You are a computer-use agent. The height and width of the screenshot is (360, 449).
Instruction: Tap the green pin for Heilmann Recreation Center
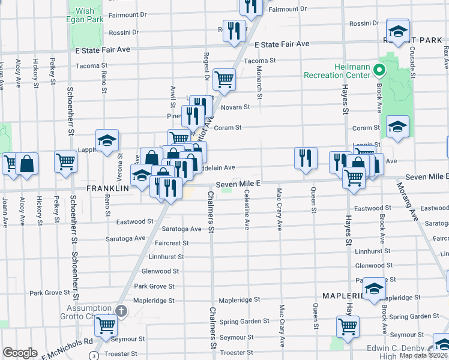[379, 71]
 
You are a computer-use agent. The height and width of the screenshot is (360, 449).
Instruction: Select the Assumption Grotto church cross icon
[121, 310]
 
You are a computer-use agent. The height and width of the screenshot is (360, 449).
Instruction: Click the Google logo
[20, 353]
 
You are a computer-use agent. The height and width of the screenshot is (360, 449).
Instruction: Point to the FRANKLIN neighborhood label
[108, 188]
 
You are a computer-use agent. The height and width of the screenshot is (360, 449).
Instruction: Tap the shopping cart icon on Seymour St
[106, 326]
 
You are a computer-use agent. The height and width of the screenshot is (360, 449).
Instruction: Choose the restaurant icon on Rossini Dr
[235, 31]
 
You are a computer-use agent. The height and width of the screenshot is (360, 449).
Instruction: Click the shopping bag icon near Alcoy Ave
[27, 163]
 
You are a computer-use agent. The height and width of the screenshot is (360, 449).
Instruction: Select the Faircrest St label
[172, 243]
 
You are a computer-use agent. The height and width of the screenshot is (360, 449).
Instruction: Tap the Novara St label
[237, 107]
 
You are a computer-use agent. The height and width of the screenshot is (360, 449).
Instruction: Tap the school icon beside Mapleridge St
[374, 289]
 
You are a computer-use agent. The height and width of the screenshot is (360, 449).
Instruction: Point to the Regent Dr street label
[206, 67]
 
